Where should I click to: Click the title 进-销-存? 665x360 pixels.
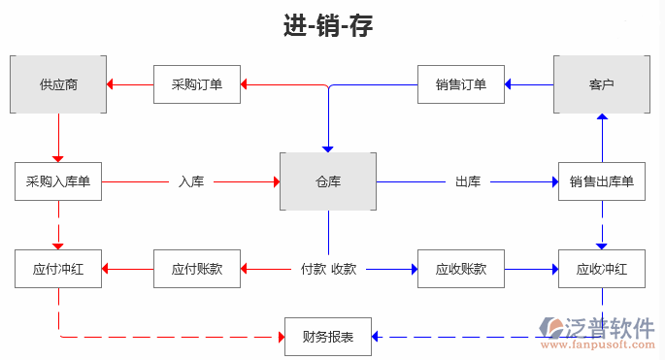[x=328, y=26]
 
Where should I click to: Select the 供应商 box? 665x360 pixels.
[x=58, y=84]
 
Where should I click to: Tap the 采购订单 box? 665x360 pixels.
[x=197, y=84]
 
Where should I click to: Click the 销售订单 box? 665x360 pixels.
[x=461, y=84]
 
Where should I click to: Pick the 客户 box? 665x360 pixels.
[x=601, y=84]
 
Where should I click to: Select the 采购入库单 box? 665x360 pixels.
[x=58, y=181]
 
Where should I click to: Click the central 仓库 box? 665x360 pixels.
[x=328, y=181]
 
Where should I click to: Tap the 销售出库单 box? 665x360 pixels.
[x=601, y=181]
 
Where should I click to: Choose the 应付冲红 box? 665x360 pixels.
[x=58, y=269]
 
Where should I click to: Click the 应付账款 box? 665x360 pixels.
[x=197, y=269]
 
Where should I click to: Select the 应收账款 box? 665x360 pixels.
[x=461, y=269]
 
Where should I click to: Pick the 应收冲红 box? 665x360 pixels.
[x=601, y=269]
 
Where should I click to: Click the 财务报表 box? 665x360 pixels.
[x=328, y=337]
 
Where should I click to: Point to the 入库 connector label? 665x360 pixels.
[x=190, y=181]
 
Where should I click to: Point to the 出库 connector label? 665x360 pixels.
[x=468, y=181]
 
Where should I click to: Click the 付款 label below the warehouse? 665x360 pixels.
[x=313, y=269]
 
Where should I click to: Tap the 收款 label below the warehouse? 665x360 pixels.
[x=344, y=269]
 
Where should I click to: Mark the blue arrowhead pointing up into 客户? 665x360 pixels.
[x=601, y=118]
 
